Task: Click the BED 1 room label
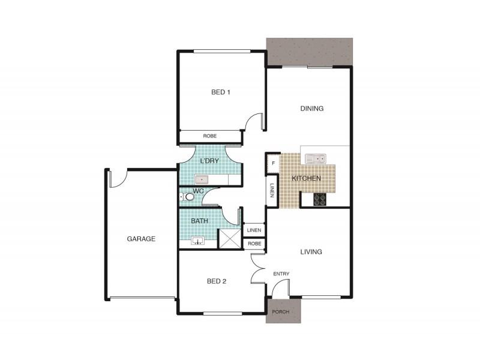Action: [221, 92]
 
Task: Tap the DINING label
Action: [312, 109]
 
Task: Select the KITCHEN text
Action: [306, 179]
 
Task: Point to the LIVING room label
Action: [312, 252]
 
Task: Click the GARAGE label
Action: [141, 239]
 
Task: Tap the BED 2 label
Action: [216, 281]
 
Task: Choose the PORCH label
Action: [281, 313]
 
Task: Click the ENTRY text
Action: [281, 274]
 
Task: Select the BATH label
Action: [199, 221]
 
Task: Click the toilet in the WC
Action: [188, 196]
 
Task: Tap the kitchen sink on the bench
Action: [315, 159]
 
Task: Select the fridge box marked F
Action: [273, 163]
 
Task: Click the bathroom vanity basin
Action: [198, 241]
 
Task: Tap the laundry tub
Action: [201, 178]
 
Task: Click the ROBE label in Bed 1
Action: [209, 136]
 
